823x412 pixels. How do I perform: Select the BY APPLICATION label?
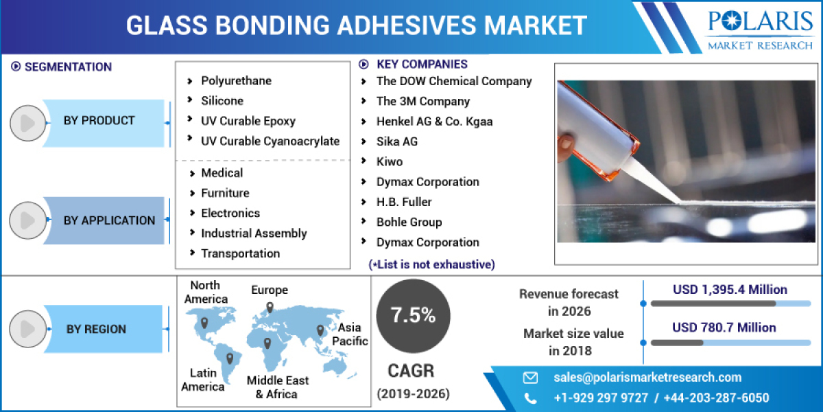(x=109, y=220)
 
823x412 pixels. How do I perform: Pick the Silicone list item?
(x=222, y=101)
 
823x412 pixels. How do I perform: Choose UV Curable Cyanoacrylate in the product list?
(x=270, y=141)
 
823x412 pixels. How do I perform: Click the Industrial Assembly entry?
(x=254, y=233)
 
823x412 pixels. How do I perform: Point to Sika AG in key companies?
(x=396, y=141)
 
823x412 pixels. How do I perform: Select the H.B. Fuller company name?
(x=404, y=202)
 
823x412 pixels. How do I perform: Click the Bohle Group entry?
(x=409, y=222)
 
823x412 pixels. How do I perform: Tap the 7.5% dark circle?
(x=413, y=315)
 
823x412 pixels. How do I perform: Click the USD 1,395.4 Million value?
(x=729, y=290)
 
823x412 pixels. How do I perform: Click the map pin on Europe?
(x=270, y=308)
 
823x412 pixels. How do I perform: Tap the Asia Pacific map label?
(x=350, y=334)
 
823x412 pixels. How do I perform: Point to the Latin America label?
(x=203, y=380)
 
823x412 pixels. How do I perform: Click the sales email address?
(x=647, y=377)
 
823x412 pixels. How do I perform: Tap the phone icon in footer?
(x=530, y=398)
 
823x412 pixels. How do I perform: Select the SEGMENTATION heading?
(x=68, y=67)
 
